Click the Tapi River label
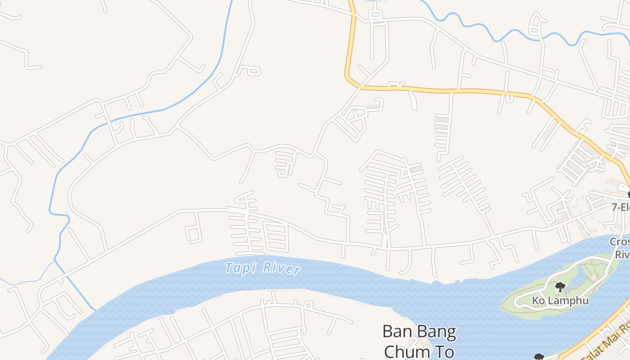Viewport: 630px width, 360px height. click(x=262, y=268)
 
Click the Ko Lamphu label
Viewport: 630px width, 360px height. click(x=560, y=300)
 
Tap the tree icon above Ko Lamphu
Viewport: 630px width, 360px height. click(x=560, y=287)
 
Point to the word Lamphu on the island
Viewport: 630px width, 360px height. click(x=568, y=300)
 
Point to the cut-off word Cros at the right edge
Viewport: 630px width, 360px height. click(x=620, y=242)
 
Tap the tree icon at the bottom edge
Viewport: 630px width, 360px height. click(x=539, y=357)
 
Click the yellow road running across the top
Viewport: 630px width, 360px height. click(x=450, y=90)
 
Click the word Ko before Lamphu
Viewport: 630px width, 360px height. click(x=538, y=300)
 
